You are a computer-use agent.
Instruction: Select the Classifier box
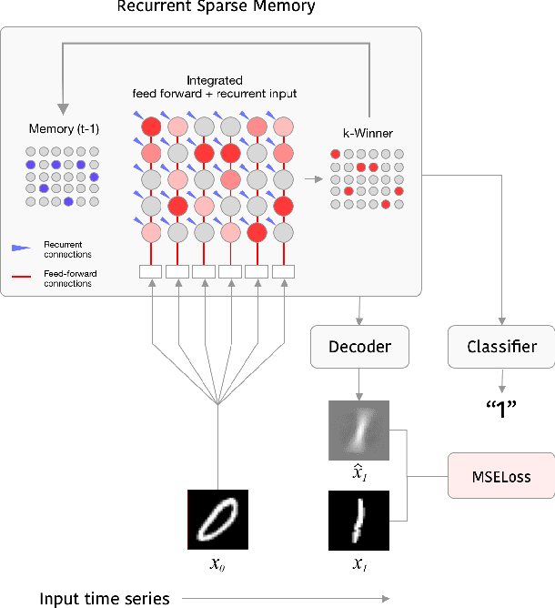(500, 347)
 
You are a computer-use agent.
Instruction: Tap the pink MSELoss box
(500, 475)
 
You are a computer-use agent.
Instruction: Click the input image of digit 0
(217, 520)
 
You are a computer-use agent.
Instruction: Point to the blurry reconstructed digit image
(358, 431)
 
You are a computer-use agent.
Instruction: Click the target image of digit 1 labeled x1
(358, 521)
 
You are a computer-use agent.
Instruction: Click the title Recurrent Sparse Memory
(217, 8)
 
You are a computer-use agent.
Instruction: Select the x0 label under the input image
(217, 564)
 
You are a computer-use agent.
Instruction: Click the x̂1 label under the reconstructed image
(358, 476)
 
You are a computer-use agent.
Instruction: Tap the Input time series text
(105, 598)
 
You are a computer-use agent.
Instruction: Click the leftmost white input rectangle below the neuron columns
(150, 271)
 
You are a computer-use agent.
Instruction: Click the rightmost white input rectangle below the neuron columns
(284, 271)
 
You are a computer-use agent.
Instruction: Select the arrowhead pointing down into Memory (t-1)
(63, 106)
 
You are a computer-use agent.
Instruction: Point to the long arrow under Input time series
(287, 598)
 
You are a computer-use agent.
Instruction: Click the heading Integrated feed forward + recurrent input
(215, 87)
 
